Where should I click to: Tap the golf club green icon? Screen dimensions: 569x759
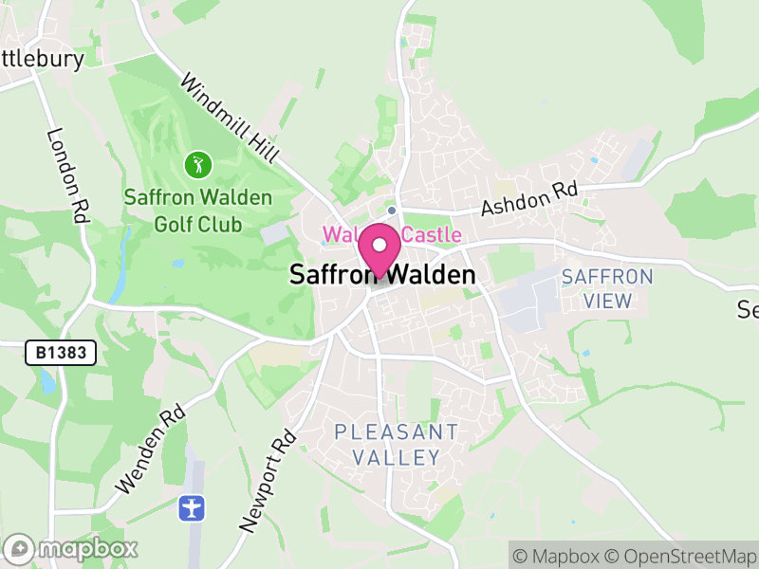click(198, 165)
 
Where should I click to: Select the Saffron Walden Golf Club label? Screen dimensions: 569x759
click(198, 211)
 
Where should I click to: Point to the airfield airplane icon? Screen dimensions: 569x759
click(193, 507)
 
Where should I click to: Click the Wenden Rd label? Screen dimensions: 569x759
click(150, 450)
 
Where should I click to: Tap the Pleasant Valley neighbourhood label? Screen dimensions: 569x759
click(397, 445)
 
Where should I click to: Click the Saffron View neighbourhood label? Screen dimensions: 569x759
click(608, 289)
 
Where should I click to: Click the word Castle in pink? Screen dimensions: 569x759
click(431, 234)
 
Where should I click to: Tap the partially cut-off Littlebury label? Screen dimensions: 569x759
click(43, 59)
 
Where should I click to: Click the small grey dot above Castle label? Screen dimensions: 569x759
click(391, 210)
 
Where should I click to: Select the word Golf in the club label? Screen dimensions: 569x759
click(170, 225)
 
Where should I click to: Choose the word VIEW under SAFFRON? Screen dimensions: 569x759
click(609, 302)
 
